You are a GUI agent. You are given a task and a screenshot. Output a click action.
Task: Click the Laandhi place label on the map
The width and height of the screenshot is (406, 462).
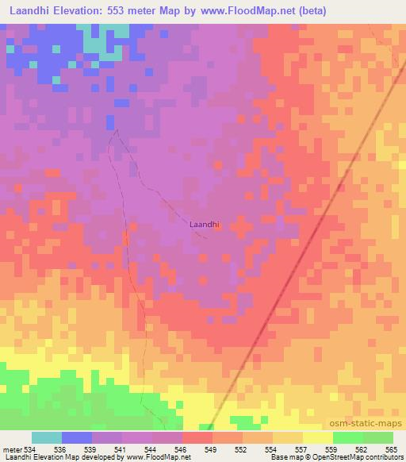[x=203, y=225]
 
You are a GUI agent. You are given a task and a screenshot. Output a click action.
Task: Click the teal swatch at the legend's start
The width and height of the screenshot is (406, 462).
[x=47, y=437]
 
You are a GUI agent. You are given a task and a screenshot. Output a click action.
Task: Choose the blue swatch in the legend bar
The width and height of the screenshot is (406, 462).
[x=77, y=437]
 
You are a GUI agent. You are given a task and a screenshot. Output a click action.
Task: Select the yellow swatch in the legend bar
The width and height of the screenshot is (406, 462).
[x=317, y=437]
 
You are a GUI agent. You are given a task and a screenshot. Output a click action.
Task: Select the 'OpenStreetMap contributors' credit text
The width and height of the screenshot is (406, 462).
[x=355, y=457]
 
